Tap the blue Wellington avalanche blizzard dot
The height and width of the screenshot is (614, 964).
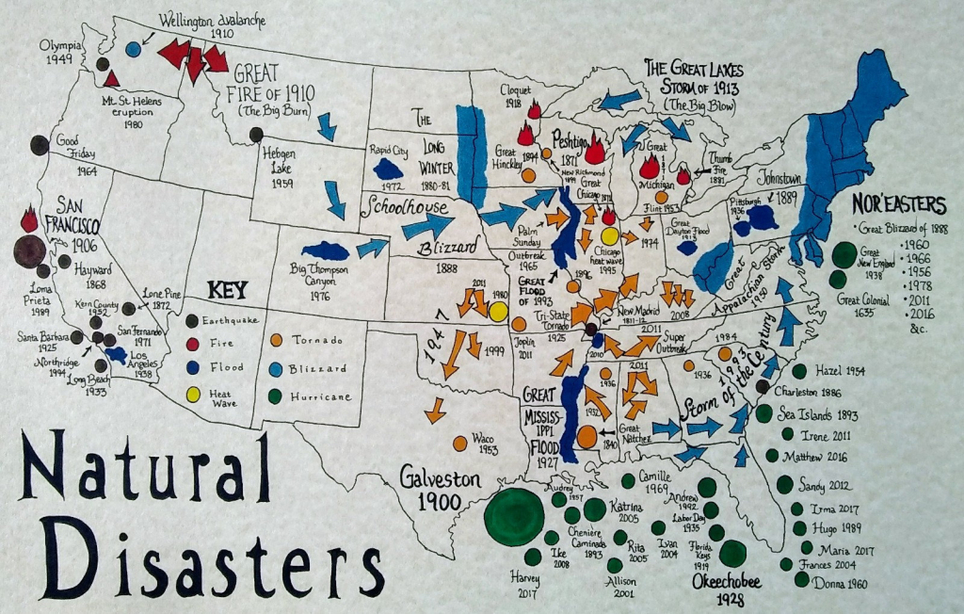[x=134, y=47]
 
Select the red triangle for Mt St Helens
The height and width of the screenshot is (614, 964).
[x=111, y=78]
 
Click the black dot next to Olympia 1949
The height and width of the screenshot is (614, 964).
[x=102, y=63]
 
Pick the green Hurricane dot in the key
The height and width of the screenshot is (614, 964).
[x=278, y=396]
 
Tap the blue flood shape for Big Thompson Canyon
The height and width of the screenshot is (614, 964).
[x=325, y=250]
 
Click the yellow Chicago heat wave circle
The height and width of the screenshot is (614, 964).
[x=610, y=236]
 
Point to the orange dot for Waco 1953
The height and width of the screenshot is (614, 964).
[x=459, y=442]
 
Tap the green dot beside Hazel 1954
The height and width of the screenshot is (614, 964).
[x=799, y=371]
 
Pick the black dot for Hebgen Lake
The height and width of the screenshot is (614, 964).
[x=256, y=135]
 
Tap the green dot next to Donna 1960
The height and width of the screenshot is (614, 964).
[x=801, y=580]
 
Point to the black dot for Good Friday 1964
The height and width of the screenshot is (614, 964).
[x=39, y=145]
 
